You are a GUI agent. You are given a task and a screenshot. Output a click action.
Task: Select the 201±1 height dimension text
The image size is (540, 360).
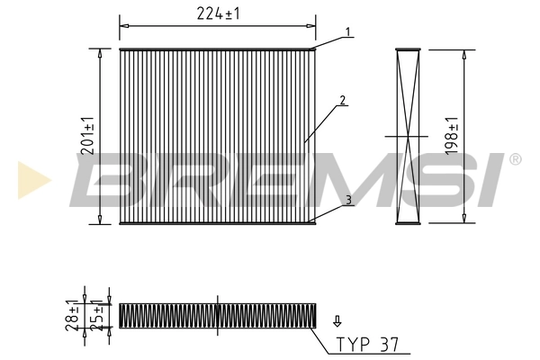[x=88, y=135]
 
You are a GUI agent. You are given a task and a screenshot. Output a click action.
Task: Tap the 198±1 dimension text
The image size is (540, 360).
[x=454, y=135]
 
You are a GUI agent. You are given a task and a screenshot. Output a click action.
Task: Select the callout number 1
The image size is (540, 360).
[x=345, y=32]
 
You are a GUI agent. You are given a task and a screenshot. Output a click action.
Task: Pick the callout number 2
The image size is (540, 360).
[x=343, y=102]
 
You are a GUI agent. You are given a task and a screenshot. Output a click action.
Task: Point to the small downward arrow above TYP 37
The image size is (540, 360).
[x=337, y=319]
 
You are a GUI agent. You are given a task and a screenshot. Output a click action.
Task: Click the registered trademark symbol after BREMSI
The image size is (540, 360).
[x=515, y=160]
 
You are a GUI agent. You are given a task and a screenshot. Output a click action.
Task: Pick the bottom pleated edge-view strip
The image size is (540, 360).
[x=217, y=315]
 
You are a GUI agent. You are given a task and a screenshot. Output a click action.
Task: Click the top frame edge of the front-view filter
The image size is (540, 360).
[x=217, y=49]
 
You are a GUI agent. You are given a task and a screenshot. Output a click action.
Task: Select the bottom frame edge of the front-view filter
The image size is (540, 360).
[x=217, y=221]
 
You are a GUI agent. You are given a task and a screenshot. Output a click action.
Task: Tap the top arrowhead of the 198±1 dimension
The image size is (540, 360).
[x=463, y=54]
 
